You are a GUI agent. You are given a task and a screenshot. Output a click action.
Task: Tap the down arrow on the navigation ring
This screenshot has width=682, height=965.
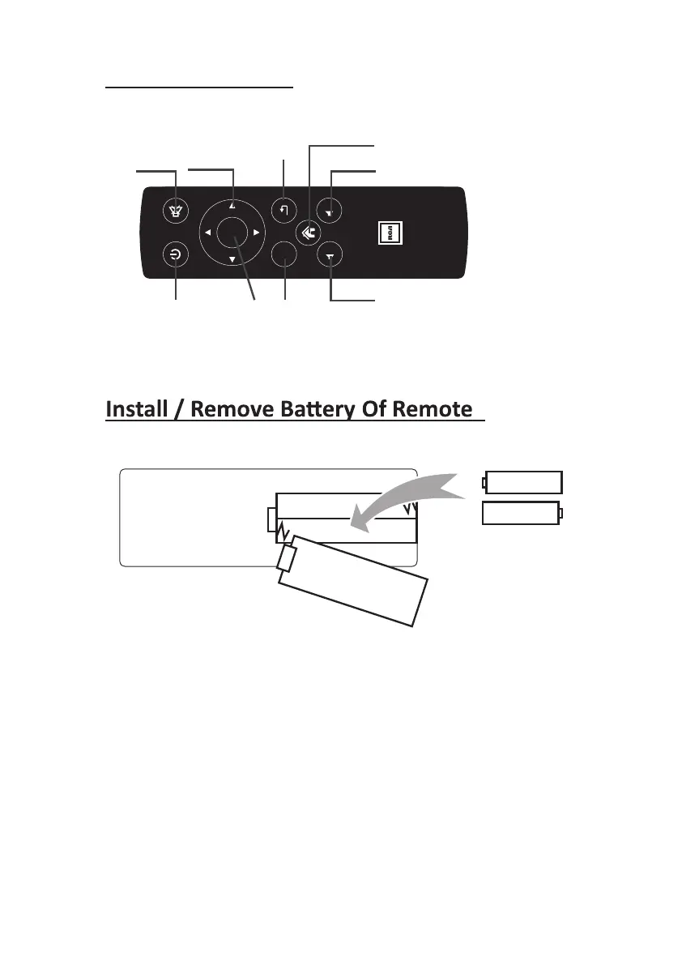click(232, 259)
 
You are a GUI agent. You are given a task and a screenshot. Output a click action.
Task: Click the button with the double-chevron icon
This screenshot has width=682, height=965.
click(306, 232)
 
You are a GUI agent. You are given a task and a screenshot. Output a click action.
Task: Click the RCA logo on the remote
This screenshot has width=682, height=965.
click(390, 233)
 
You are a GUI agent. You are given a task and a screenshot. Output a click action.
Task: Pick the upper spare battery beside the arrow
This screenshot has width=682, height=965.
click(522, 482)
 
